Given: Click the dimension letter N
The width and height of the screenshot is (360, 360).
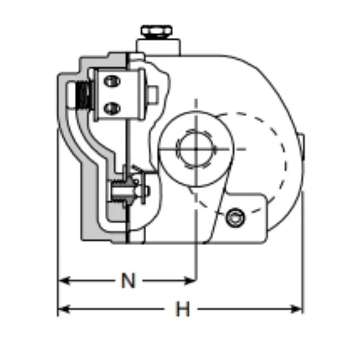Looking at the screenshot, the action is coord(128,280).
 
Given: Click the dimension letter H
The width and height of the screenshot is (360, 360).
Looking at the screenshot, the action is coord(183,309).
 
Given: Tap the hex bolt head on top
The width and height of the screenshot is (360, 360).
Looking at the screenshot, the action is coord(157,31).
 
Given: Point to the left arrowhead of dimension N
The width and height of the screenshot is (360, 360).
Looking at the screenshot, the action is coord(64,280).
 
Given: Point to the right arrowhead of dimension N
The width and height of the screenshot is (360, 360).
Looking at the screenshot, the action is coord(190,280).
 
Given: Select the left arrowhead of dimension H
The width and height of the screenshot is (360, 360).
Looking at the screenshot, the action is coord(64,309).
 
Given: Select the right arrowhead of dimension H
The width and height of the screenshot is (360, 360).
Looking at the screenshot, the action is coord(297,309).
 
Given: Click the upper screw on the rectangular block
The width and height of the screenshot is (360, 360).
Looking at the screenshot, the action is coord(112,81).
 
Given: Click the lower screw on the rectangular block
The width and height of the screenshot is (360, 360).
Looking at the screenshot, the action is coord(112,108).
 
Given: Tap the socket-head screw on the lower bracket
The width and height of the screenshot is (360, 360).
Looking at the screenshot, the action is coord(235,218).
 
